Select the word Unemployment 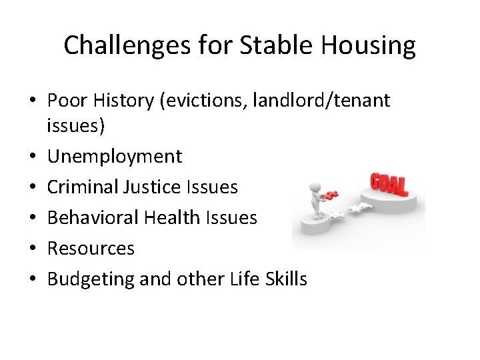(x=114, y=157)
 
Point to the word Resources (x=91, y=249)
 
